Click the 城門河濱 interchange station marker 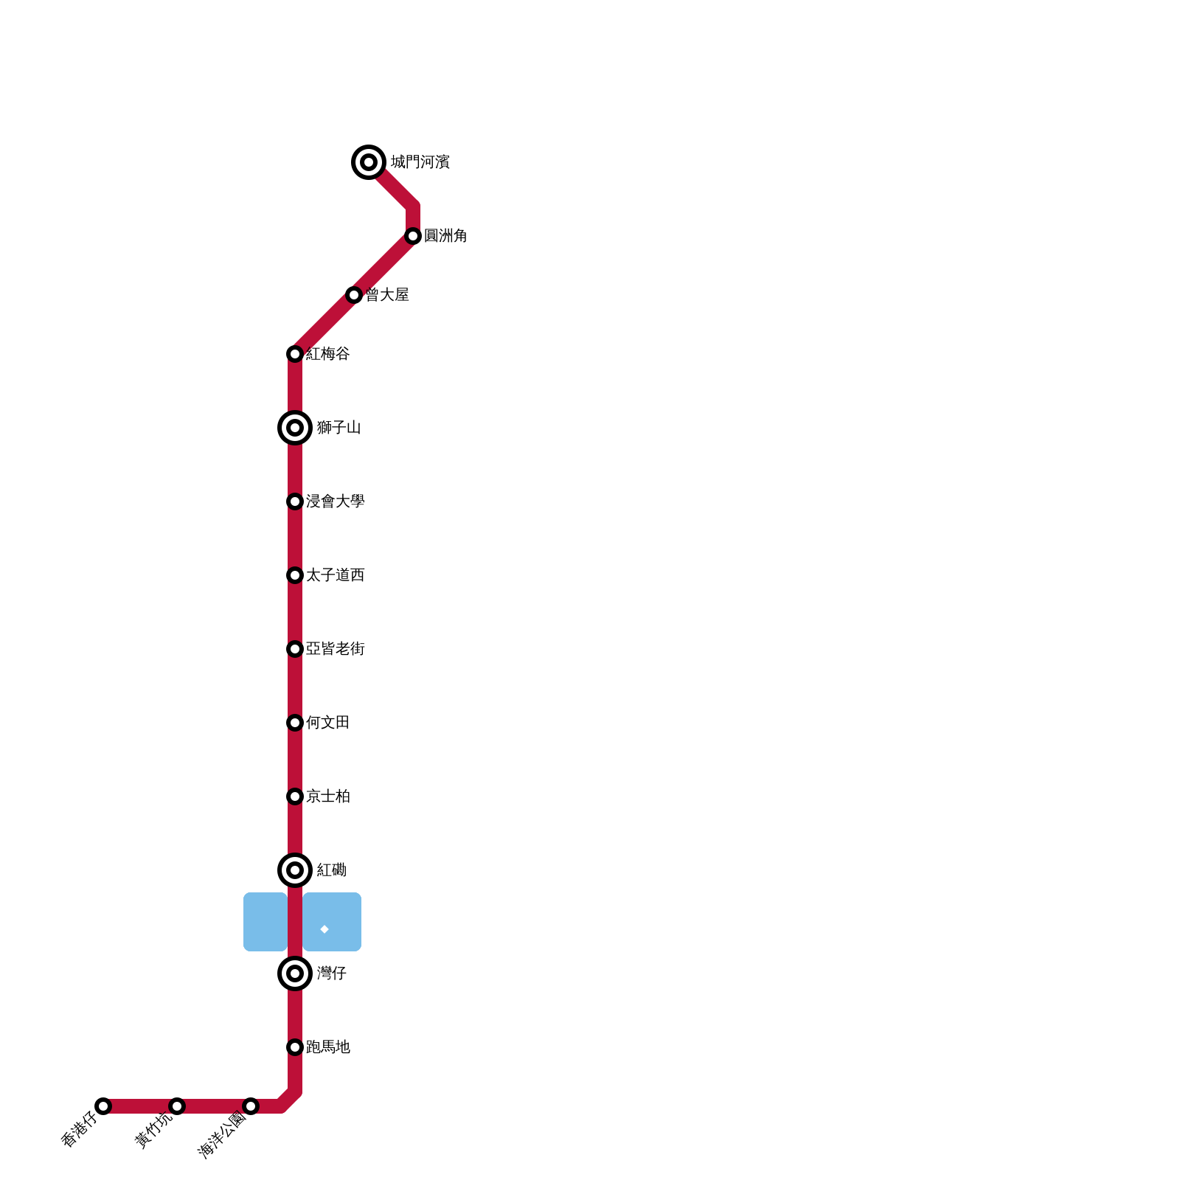coord(369,162)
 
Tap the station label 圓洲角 coord(445,236)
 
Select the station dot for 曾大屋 coord(354,295)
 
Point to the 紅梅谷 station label coord(327,354)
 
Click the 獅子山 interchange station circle coord(295,428)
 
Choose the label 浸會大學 coord(335,502)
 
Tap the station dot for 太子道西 coord(295,575)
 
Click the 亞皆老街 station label coord(335,649)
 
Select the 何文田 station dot coord(295,723)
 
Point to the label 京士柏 coord(327,796)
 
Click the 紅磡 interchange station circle coord(295,870)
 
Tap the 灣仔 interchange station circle coord(295,974)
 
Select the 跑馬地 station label coord(327,1047)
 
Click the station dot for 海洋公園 coord(251,1106)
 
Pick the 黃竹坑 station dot coord(177,1106)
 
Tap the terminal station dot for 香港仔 coord(103,1106)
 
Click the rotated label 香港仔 coord(79,1129)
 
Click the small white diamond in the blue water coord(324,929)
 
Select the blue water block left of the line coord(265,922)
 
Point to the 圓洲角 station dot coord(413,236)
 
